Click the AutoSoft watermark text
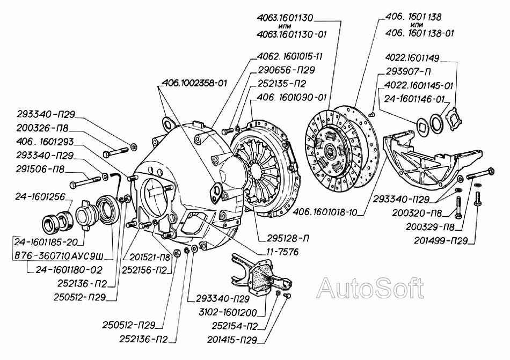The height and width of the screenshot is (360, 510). (370, 289)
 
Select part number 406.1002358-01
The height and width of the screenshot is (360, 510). (193, 83)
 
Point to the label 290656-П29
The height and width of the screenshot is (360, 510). (286, 70)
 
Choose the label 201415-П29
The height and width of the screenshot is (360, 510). (232, 340)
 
